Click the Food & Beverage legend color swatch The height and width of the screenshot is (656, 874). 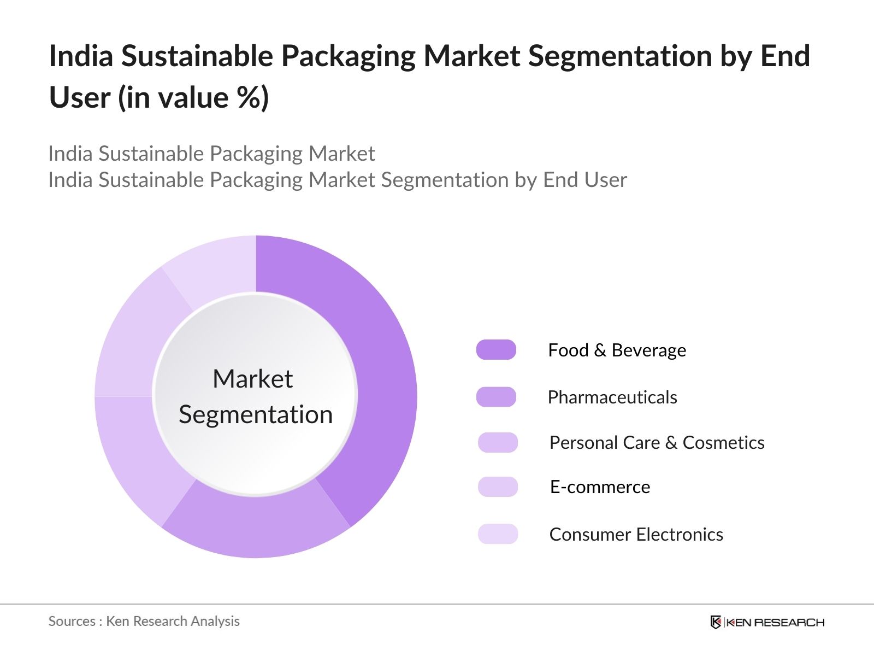pyautogui.click(x=496, y=350)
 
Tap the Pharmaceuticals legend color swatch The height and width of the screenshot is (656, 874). pyautogui.click(x=496, y=397)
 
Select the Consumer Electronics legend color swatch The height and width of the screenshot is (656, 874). pyautogui.click(x=498, y=534)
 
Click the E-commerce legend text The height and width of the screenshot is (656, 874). pyautogui.click(x=600, y=487)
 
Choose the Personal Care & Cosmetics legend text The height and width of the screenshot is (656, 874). pyautogui.click(x=657, y=442)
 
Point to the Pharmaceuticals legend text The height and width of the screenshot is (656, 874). pyautogui.click(x=612, y=397)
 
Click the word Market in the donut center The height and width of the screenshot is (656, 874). pyautogui.click(x=252, y=379)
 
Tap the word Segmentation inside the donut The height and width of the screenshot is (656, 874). pyautogui.click(x=256, y=414)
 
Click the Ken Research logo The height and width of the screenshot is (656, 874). pyautogui.click(x=767, y=622)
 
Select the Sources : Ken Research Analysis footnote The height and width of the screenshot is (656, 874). pyautogui.click(x=144, y=621)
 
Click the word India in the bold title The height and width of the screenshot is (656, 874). pyautogui.click(x=80, y=56)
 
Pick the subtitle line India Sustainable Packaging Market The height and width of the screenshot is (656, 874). pyautogui.click(x=211, y=154)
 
